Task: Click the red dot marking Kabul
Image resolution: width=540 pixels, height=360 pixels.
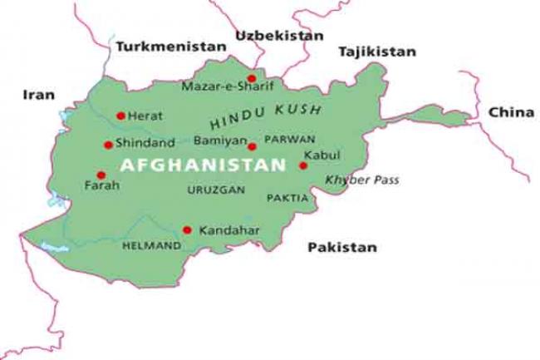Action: coord(303,165)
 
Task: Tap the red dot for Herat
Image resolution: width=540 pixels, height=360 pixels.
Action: coord(121,116)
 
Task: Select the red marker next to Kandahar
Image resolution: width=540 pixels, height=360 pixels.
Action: coord(187,229)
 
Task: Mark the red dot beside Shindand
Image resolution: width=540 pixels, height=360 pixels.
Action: coord(108,145)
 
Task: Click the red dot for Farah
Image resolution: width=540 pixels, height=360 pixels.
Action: coord(101,175)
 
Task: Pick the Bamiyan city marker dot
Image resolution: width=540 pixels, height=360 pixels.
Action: coord(252,146)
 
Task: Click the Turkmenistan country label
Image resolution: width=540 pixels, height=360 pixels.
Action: coord(170,47)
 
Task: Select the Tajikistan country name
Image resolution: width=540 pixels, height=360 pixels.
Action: coord(376,52)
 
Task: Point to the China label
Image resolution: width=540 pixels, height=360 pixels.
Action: coord(510,111)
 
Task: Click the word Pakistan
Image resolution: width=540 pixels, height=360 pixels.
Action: coord(341,247)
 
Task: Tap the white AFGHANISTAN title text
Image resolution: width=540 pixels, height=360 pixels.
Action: coord(203,165)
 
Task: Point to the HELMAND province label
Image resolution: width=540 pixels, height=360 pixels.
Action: coord(151,246)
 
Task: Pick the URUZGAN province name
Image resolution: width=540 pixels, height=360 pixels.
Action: coord(216,190)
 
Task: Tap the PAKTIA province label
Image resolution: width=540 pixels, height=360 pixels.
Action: coord(287,199)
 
